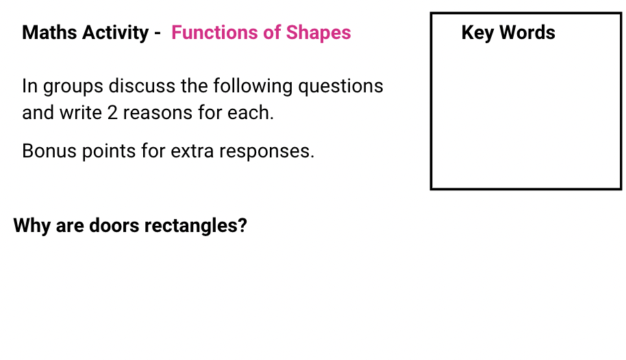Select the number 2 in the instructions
coord(113,113)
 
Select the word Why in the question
coord(32,226)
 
